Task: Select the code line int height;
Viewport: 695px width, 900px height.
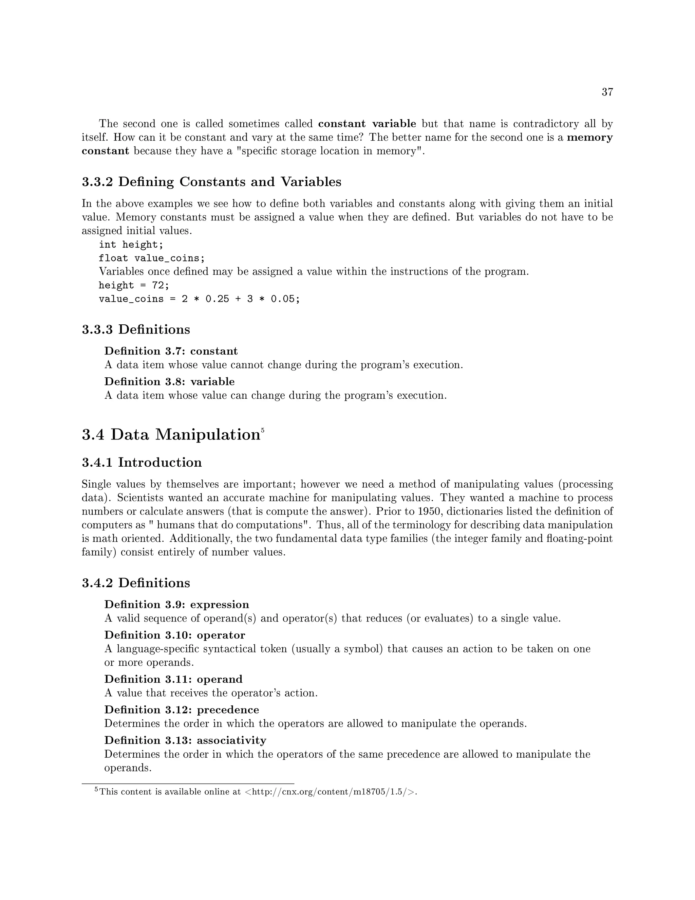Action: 131,245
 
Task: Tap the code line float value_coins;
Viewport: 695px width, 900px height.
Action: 151,258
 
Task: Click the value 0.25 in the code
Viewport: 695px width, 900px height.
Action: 217,299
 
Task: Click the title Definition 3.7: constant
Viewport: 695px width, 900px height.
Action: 171,351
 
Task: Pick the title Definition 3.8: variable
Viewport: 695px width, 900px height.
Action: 169,382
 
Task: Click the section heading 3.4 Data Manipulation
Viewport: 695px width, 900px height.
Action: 171,435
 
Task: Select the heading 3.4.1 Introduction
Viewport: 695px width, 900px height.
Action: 142,462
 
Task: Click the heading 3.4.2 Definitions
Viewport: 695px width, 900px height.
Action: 136,583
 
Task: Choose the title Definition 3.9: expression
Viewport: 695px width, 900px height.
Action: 176,605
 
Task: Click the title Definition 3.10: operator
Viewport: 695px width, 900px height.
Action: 174,635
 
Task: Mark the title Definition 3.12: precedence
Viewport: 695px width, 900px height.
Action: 182,709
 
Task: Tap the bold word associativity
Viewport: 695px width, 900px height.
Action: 231,740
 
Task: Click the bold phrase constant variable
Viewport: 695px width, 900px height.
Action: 367,124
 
